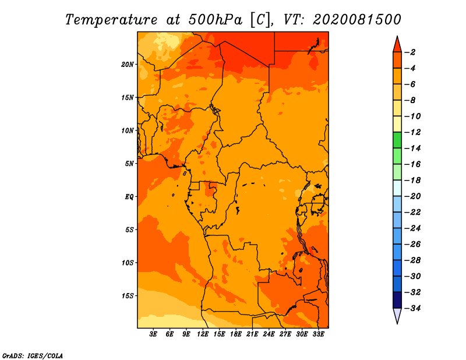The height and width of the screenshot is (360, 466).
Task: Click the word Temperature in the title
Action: point(111,20)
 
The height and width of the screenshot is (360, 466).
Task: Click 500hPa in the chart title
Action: point(215,20)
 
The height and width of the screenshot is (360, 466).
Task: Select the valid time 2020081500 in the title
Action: point(357,20)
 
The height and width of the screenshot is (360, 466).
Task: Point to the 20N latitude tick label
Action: point(128,65)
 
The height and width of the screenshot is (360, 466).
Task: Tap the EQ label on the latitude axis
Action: point(129,197)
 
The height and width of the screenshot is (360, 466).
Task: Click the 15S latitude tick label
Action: point(128,296)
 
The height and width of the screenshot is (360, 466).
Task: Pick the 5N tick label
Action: point(129,164)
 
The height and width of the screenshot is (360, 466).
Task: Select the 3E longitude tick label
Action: point(153,334)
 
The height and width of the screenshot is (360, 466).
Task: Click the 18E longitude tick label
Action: point(236,334)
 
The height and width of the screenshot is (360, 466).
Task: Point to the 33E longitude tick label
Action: point(318,334)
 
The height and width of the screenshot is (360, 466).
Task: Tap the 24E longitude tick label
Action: point(269,334)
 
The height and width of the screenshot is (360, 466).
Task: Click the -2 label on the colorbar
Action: point(410,52)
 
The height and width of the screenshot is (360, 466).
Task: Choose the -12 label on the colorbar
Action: point(412,132)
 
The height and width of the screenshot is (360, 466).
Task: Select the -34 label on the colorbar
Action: point(412,308)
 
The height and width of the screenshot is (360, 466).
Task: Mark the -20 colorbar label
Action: point(412,196)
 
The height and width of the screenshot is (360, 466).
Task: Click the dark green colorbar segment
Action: point(397,140)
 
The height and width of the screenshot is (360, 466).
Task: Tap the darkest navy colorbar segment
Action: point(397,300)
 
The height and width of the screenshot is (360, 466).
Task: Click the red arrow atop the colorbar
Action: point(397,45)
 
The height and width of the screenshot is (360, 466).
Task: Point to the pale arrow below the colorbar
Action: point(397,315)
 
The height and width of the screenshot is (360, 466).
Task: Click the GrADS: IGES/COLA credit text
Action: point(33,356)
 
